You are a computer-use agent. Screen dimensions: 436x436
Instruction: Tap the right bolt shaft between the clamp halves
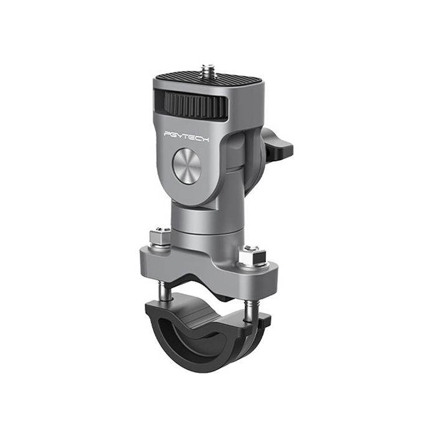(x=249, y=308)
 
